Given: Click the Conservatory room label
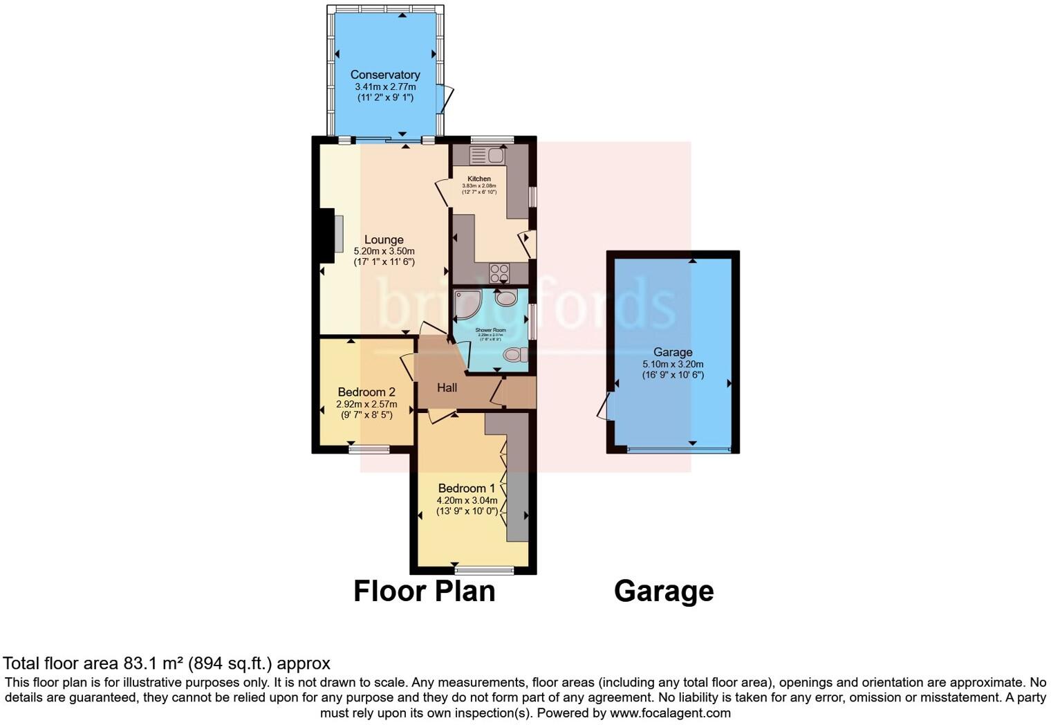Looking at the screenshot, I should (x=385, y=75).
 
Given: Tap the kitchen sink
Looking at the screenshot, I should (x=487, y=155).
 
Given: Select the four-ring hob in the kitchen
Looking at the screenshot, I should (x=499, y=274).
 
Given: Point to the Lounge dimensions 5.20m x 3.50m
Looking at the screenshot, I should (x=384, y=251).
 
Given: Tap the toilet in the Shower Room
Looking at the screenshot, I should (x=514, y=355).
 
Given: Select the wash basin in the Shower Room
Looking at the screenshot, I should (x=506, y=297).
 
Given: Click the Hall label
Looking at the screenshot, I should (x=447, y=388).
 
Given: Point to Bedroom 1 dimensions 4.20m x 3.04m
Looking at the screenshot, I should (x=467, y=500).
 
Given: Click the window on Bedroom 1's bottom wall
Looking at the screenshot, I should (x=484, y=570).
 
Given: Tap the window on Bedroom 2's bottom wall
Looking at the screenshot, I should (x=369, y=449).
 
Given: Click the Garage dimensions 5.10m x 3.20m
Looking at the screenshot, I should (x=673, y=364).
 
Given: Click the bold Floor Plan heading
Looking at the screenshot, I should (x=424, y=591).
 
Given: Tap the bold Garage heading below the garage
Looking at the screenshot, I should (x=664, y=591).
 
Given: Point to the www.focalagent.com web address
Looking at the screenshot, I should (x=670, y=713).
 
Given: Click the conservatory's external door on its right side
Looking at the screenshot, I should (x=447, y=98).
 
